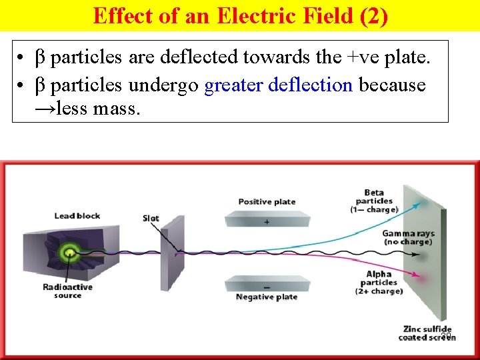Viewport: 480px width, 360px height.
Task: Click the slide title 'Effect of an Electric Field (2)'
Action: [240, 15]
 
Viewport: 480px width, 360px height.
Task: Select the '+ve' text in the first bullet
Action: [363, 59]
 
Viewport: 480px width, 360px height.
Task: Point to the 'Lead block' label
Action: [77, 215]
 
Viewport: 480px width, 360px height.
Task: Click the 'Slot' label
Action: [151, 219]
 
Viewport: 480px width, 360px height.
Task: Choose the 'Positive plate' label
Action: [267, 201]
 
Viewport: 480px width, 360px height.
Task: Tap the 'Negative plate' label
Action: [267, 297]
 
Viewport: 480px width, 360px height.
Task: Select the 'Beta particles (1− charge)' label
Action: [374, 201]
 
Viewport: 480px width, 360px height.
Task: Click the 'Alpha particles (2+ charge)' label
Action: [379, 282]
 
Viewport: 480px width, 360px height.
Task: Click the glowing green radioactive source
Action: [67, 252]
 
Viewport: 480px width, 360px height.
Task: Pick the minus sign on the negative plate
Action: [267, 287]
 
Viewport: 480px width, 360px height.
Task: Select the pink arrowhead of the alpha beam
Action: [418, 274]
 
